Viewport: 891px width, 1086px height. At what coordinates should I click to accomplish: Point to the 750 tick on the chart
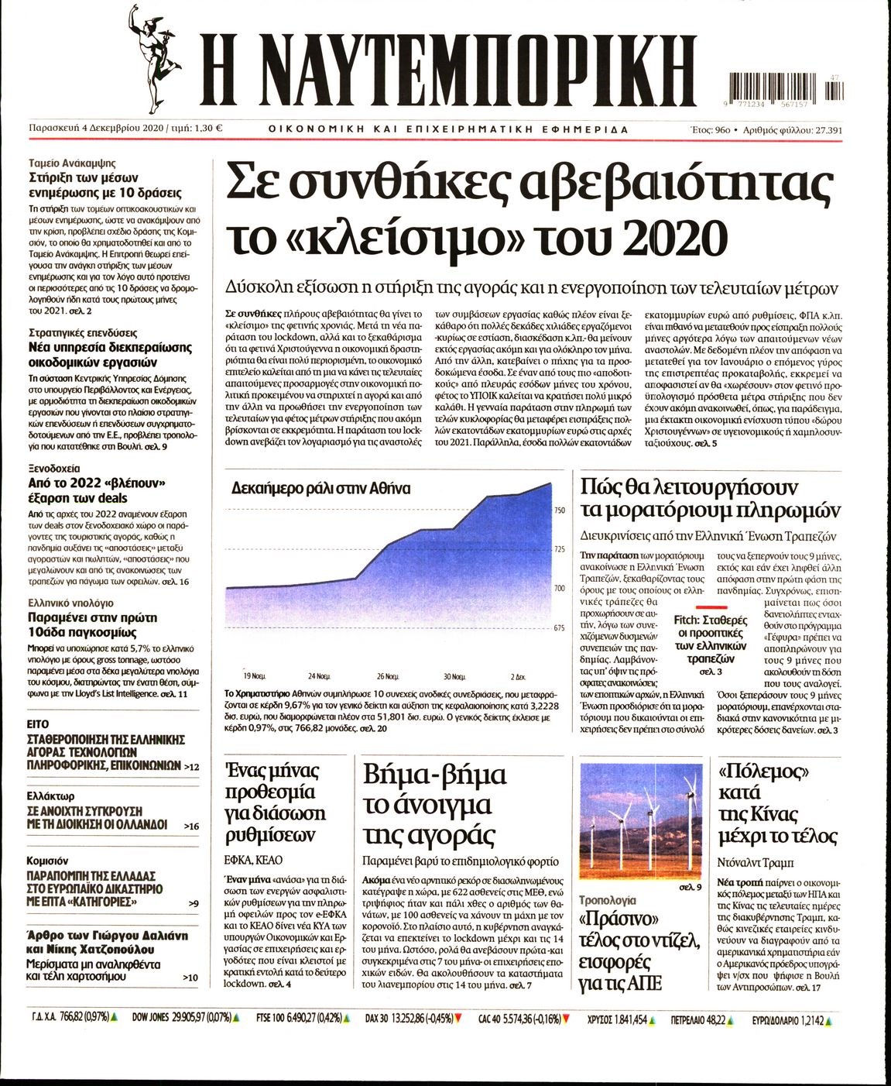(x=560, y=510)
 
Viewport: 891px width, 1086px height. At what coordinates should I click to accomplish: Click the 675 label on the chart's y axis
(x=560, y=627)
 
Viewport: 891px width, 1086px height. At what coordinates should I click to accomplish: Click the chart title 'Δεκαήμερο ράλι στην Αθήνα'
(x=321, y=489)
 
